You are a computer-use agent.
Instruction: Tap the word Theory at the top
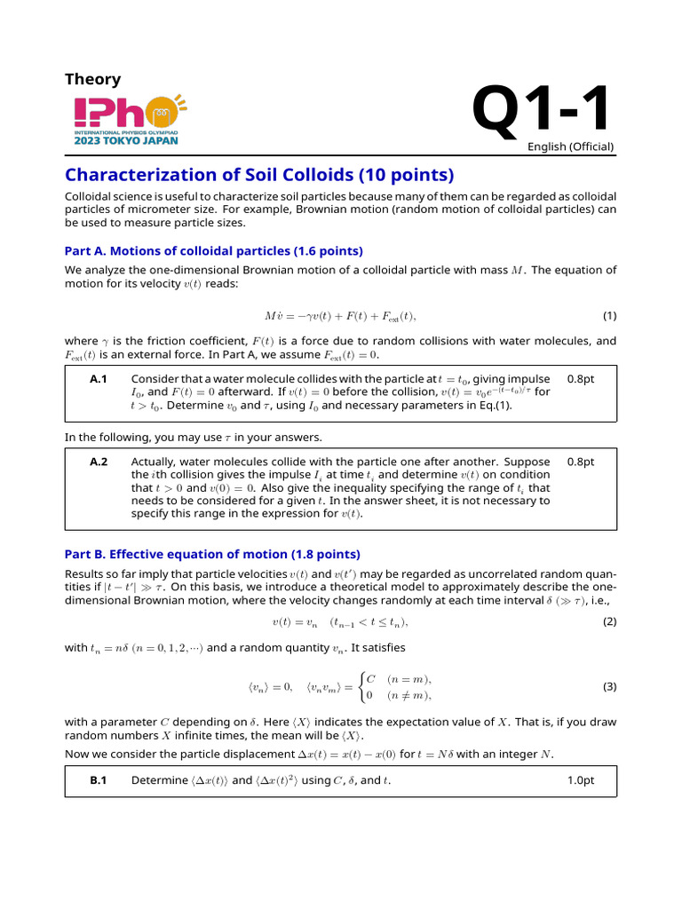point(92,79)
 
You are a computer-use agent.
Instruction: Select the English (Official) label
point(570,146)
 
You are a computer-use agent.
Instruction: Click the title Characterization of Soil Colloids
point(247,174)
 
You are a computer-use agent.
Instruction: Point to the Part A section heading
point(214,250)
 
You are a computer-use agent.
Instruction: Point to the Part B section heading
point(212,554)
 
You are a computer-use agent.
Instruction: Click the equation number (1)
point(609,316)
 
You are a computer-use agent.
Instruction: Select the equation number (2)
point(609,621)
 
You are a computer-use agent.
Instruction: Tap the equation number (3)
point(609,686)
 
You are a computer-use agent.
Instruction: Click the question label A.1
point(99,379)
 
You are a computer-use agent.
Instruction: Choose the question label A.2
point(99,462)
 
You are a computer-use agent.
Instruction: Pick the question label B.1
point(99,781)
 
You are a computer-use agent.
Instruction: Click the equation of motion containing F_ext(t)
point(340,316)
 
